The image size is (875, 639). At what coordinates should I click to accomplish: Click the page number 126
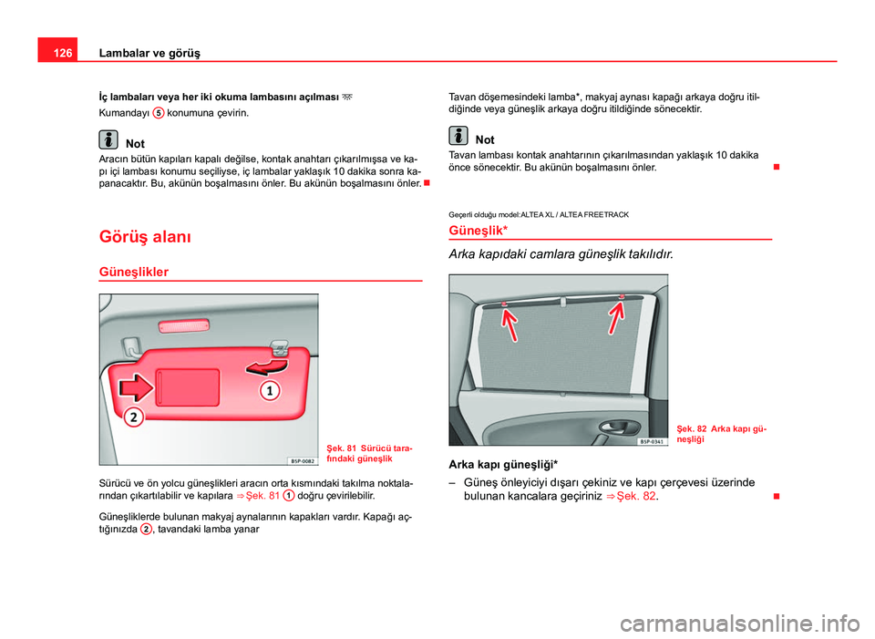tap(63, 53)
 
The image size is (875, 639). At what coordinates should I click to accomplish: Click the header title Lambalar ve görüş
tap(149, 53)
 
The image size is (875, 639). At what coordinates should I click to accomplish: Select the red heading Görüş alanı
tap(145, 237)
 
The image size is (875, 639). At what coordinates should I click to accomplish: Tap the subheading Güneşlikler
tap(133, 272)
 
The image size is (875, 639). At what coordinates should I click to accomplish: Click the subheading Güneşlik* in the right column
tap(479, 231)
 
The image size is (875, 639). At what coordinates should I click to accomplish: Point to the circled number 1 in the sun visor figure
tap(270, 391)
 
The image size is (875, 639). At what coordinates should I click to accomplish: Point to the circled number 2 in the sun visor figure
tap(133, 417)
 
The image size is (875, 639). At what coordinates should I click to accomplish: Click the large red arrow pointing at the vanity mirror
tap(135, 386)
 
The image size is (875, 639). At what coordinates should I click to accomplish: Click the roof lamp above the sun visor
tap(183, 326)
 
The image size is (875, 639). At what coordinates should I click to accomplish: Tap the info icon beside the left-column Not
tap(108, 139)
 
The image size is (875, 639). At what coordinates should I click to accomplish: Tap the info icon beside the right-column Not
tap(458, 136)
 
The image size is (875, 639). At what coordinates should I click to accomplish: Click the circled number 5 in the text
tap(159, 113)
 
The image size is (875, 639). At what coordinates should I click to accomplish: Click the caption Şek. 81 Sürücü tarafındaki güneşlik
tap(369, 453)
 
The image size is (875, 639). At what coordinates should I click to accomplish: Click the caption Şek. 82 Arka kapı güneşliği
tap(722, 434)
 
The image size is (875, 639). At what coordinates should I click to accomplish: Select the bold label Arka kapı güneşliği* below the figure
tap(503, 464)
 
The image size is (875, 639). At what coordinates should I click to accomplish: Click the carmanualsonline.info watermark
tap(744, 624)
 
